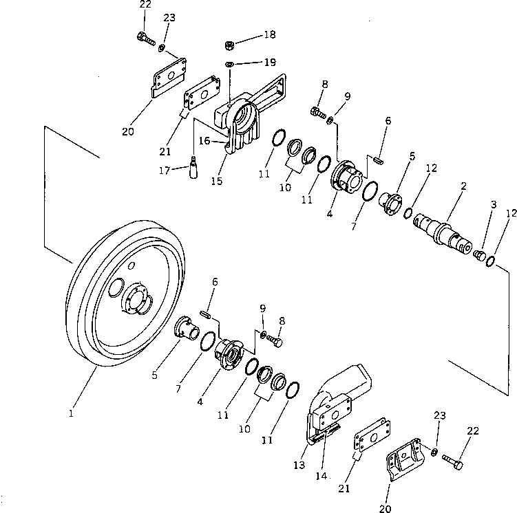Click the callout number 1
[x=70, y=413]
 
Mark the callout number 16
[x=204, y=140]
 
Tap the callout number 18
[x=268, y=34]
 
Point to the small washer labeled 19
[x=230, y=65]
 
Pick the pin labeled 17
[x=195, y=168]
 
